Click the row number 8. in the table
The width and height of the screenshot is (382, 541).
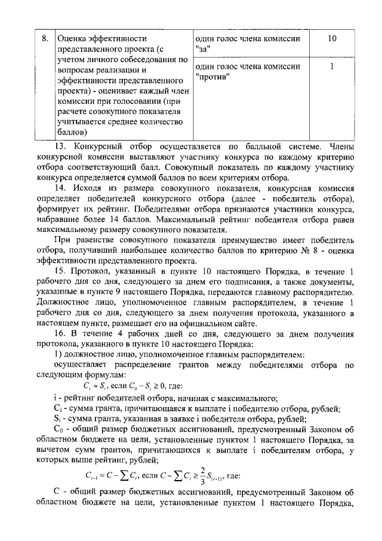click(x=44, y=39)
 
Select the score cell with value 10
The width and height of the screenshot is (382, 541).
click(x=332, y=39)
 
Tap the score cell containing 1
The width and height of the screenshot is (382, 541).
click(x=332, y=67)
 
